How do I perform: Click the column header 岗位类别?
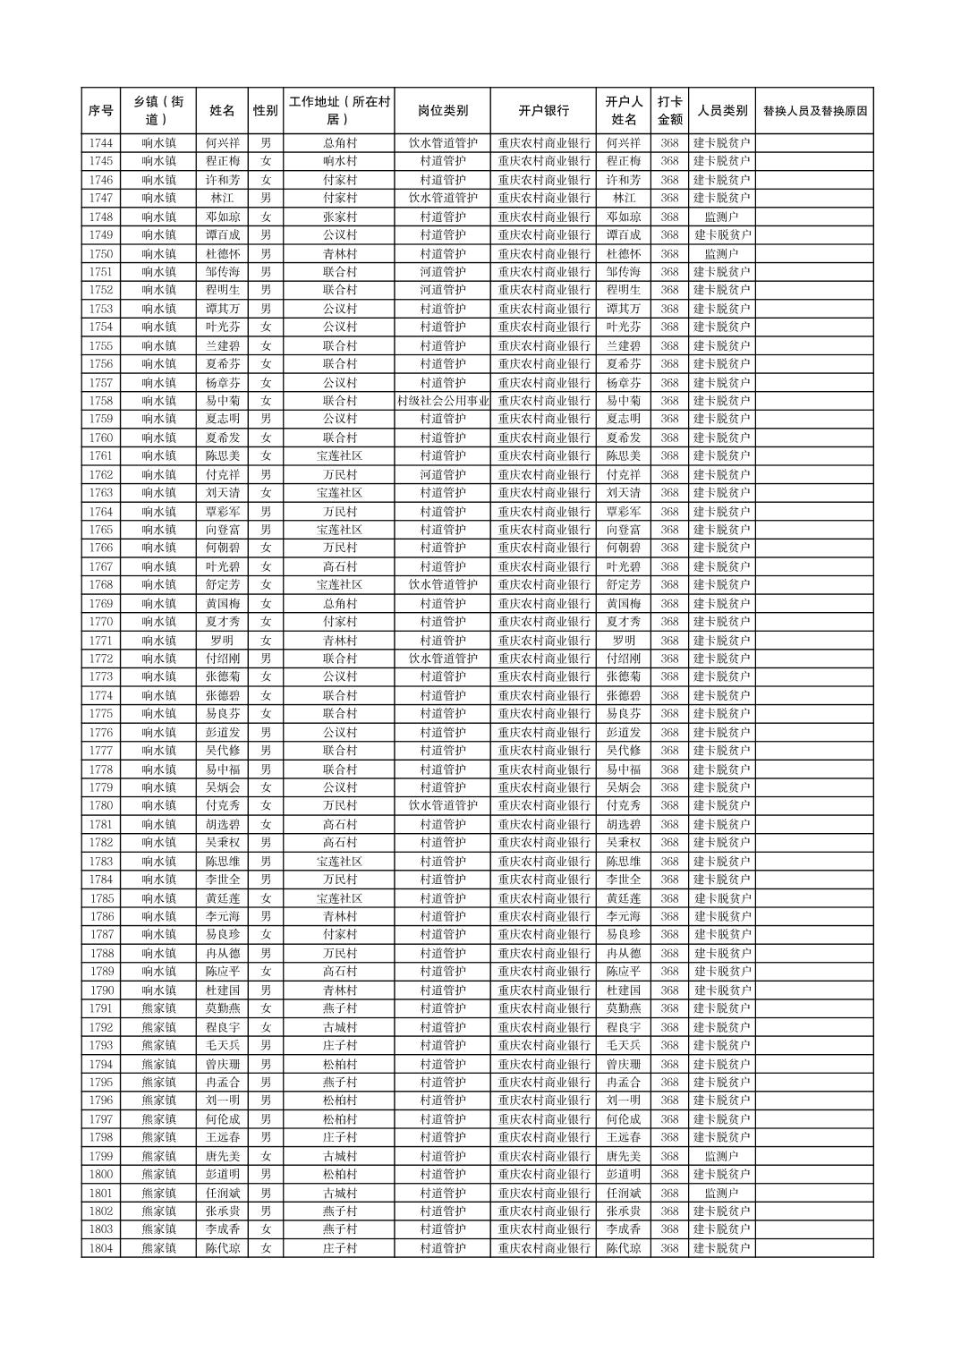pyautogui.click(x=442, y=111)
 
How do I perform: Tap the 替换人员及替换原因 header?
pyautogui.click(x=814, y=111)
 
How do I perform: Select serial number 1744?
pyautogui.click(x=101, y=143)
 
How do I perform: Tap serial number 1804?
pyautogui.click(x=101, y=1248)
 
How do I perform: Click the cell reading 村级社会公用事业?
pyautogui.click(x=442, y=401)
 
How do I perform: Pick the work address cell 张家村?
pyautogui.click(x=339, y=217)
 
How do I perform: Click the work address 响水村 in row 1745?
pyautogui.click(x=339, y=161)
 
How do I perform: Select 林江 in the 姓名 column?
pyautogui.click(x=222, y=198)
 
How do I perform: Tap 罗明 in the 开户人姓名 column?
pyautogui.click(x=624, y=641)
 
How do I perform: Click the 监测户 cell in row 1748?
pyautogui.click(x=721, y=217)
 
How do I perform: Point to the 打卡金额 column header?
pyautogui.click(x=669, y=111)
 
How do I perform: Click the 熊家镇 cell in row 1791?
pyautogui.click(x=158, y=1008)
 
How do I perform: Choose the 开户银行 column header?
pyautogui.click(x=543, y=111)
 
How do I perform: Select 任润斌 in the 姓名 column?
pyautogui.click(x=222, y=1193)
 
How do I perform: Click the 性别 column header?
pyautogui.click(x=265, y=111)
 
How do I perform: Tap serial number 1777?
pyautogui.click(x=101, y=751)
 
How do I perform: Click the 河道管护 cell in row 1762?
pyautogui.click(x=442, y=474)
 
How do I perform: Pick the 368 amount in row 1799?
pyautogui.click(x=669, y=1156)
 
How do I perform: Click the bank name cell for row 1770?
pyautogui.click(x=543, y=622)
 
